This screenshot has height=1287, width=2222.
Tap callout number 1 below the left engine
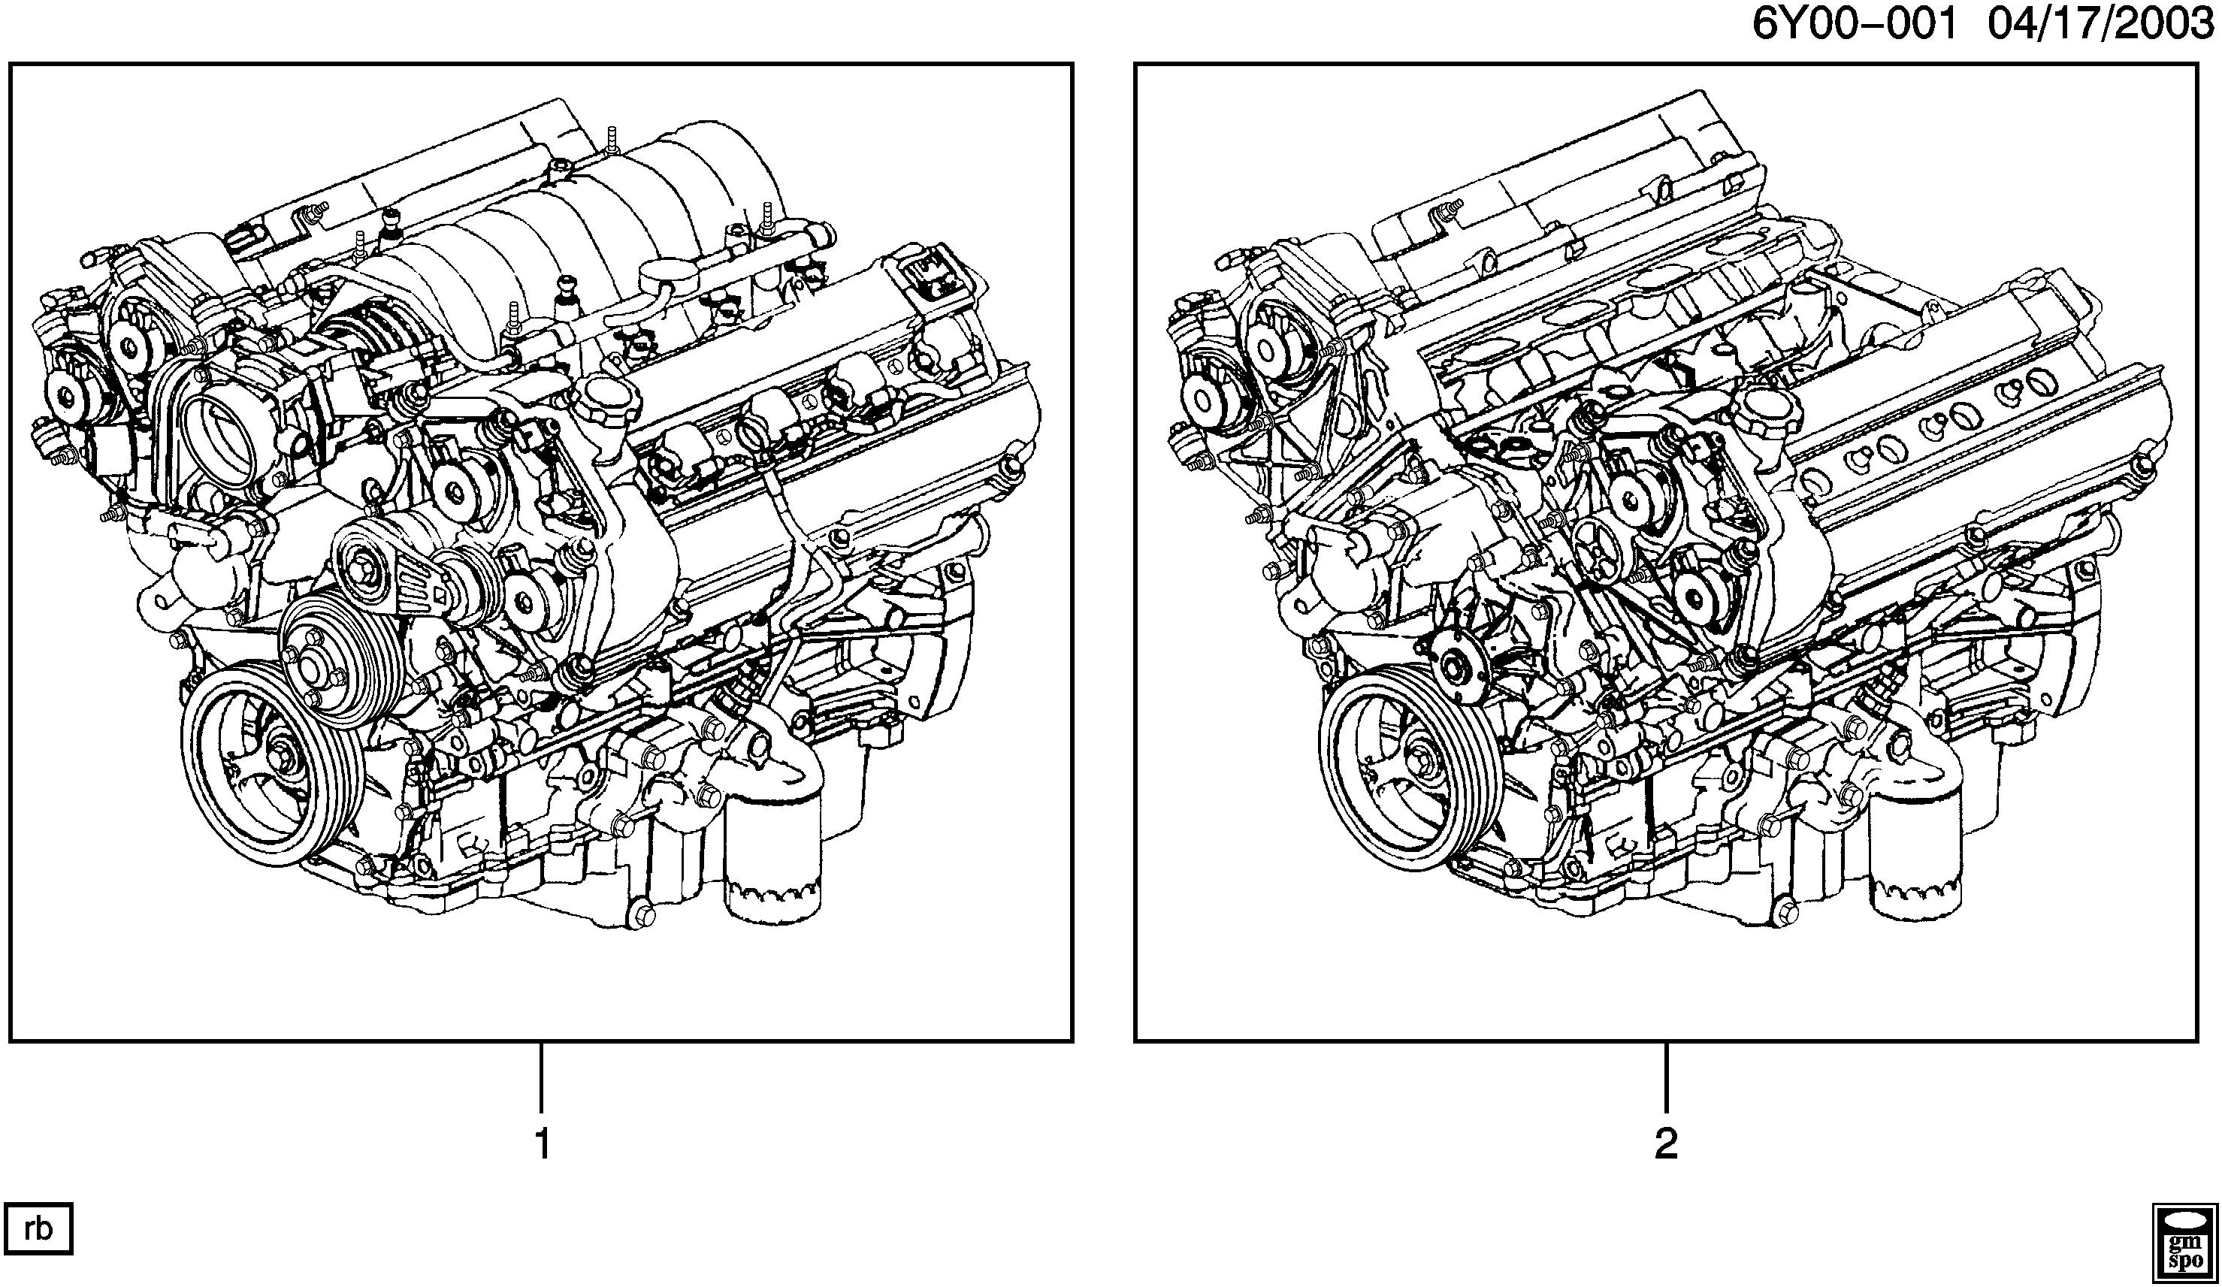tap(543, 1144)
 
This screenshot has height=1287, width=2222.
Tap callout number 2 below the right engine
tap(1666, 1144)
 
